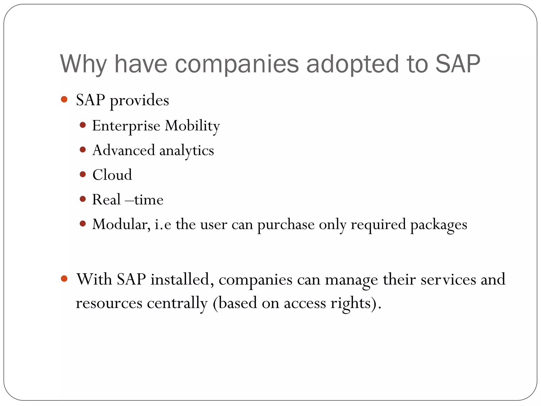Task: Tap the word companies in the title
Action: tap(237, 64)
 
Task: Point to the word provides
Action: tap(139, 100)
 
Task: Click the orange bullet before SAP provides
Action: tap(64, 99)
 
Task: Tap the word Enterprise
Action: tap(126, 126)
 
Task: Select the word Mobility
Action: tap(192, 126)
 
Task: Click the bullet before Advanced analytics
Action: tap(83, 150)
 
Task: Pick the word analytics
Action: tap(186, 151)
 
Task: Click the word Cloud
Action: tap(112, 175)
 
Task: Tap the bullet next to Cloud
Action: tap(83, 174)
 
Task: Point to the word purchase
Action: tap(286, 225)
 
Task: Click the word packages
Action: tap(439, 225)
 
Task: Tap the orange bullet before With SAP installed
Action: tap(64, 279)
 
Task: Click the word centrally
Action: tap(177, 303)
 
